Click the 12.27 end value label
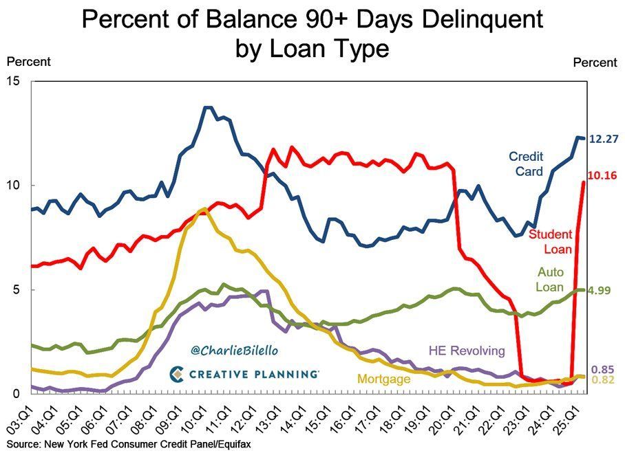coord(604,139)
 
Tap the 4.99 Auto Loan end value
coord(601,290)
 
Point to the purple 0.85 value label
coord(603,368)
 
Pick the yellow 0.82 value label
coord(603,380)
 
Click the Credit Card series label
coord(527,163)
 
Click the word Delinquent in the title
coord(476,20)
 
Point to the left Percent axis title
coord(28,62)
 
